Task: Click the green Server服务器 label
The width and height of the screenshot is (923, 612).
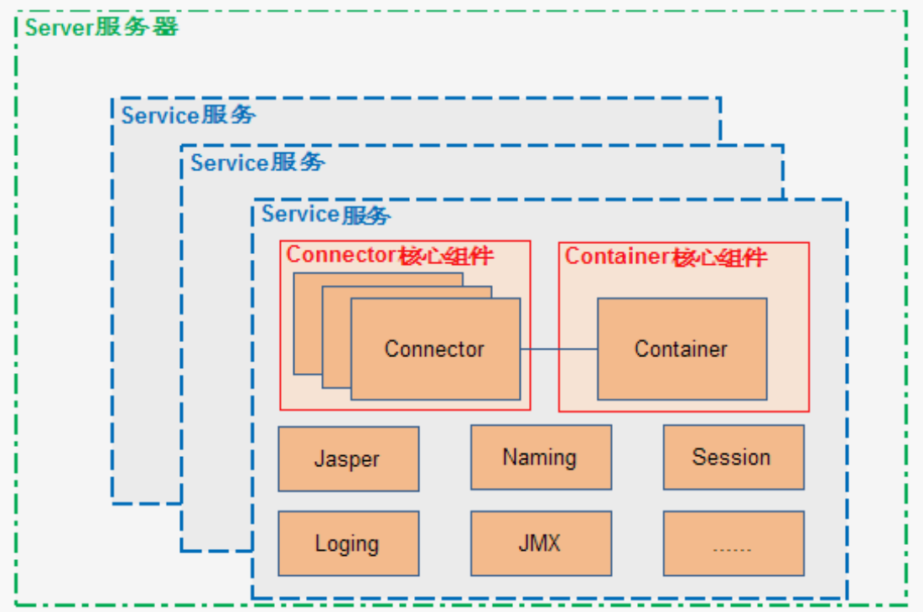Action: tap(101, 27)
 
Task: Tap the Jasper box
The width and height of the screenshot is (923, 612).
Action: tap(349, 459)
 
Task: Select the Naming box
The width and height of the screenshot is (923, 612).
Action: tap(541, 457)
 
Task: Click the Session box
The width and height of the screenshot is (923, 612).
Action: tap(734, 457)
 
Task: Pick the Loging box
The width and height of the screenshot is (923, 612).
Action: tap(349, 543)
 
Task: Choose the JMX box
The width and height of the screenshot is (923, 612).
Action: tap(541, 543)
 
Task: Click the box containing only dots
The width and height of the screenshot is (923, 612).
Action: tap(734, 543)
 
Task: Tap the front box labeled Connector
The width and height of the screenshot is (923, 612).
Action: tap(436, 349)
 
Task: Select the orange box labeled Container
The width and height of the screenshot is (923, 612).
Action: tap(682, 349)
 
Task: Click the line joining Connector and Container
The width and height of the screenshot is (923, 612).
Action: tap(558, 349)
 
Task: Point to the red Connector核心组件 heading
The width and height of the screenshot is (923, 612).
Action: tap(390, 256)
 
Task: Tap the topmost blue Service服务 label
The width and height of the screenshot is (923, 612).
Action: tap(189, 115)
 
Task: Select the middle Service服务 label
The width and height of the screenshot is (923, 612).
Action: tap(257, 163)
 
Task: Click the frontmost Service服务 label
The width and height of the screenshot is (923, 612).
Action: tap(325, 215)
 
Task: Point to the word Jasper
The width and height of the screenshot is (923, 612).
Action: tap(347, 459)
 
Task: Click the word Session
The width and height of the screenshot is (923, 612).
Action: tap(731, 457)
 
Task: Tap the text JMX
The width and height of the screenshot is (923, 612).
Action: tap(539, 542)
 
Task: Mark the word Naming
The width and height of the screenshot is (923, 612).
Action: tap(539, 458)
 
